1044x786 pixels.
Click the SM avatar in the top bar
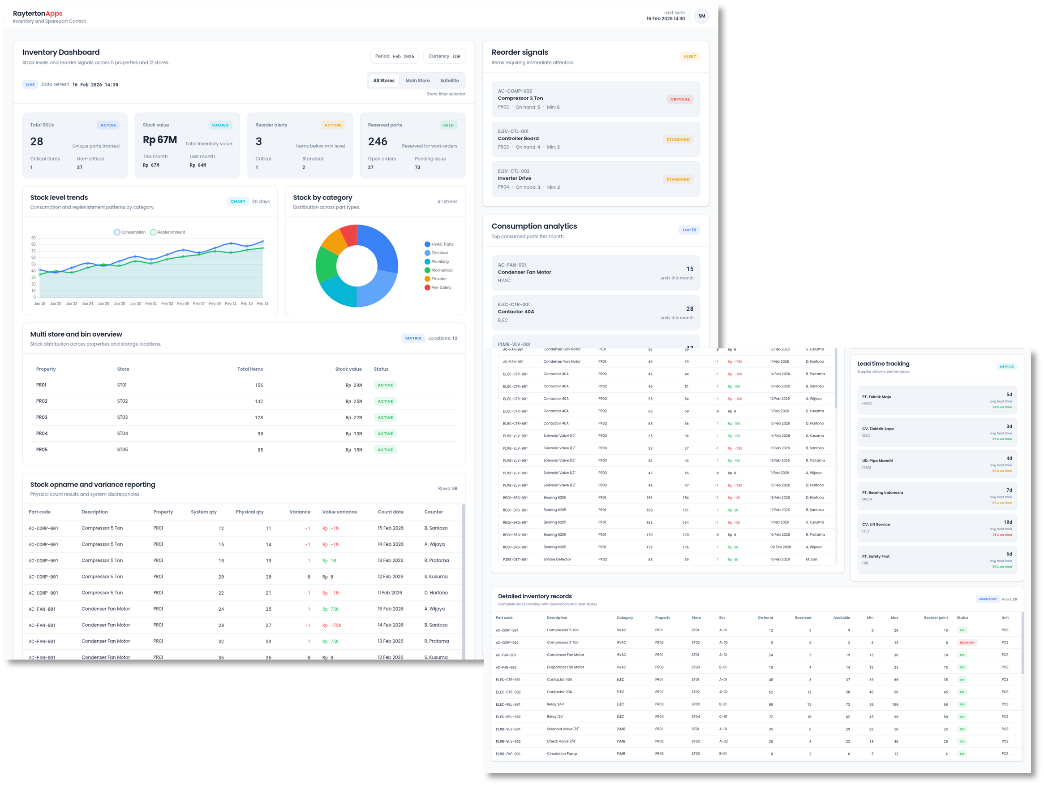point(701,16)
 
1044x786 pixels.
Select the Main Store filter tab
point(417,81)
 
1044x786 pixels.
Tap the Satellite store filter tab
point(449,81)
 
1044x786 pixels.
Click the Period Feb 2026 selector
point(395,56)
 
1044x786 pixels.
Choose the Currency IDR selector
point(444,56)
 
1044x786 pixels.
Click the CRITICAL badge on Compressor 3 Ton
point(679,99)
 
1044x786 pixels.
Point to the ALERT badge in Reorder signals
point(690,56)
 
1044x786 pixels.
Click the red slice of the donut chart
point(349,235)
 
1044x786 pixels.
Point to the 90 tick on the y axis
point(34,238)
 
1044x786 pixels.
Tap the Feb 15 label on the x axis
point(262,304)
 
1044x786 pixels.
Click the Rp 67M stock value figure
point(159,140)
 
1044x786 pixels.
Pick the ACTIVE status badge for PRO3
point(385,417)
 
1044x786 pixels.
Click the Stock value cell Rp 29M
point(353,386)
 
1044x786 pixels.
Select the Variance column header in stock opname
point(300,512)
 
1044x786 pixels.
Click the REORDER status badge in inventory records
point(967,643)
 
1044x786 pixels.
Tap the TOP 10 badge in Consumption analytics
point(688,230)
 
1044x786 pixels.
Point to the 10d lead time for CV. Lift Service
point(1007,522)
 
